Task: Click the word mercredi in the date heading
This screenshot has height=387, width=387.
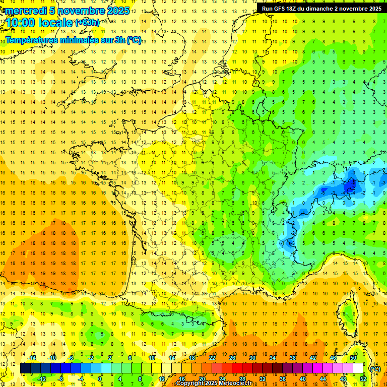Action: [x=24, y=11]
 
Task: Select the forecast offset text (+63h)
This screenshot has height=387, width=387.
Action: [x=88, y=23]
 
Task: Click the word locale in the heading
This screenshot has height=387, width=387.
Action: [x=56, y=23]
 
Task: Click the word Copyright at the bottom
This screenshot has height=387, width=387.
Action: [x=190, y=383]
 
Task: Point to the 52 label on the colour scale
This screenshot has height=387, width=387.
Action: [x=363, y=379]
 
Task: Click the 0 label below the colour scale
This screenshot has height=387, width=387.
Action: [x=100, y=379]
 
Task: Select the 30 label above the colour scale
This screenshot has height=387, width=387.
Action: [x=252, y=358]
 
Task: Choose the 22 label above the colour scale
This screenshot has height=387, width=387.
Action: [x=212, y=358]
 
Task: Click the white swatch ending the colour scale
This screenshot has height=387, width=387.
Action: [x=358, y=368]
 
